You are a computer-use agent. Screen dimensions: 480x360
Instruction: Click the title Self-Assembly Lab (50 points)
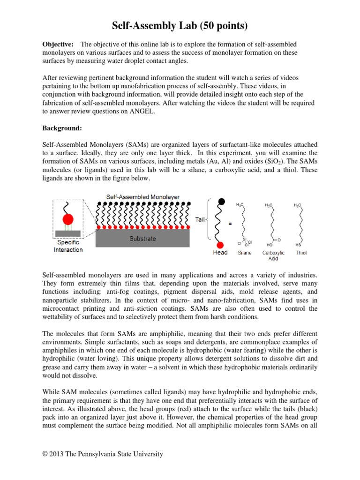pos(180,26)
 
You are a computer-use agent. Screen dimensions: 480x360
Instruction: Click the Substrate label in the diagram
pos(142,238)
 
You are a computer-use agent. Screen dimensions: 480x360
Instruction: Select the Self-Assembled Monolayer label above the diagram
pos(142,197)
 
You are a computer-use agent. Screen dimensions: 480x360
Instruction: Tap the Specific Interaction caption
pos(68,246)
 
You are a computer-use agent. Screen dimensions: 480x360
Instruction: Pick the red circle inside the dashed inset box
pos(68,219)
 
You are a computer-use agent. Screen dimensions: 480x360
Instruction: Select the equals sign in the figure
pos(230,224)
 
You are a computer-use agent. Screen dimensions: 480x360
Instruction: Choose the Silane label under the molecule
pos(244,253)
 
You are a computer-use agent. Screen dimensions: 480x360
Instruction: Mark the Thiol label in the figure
pos(301,253)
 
